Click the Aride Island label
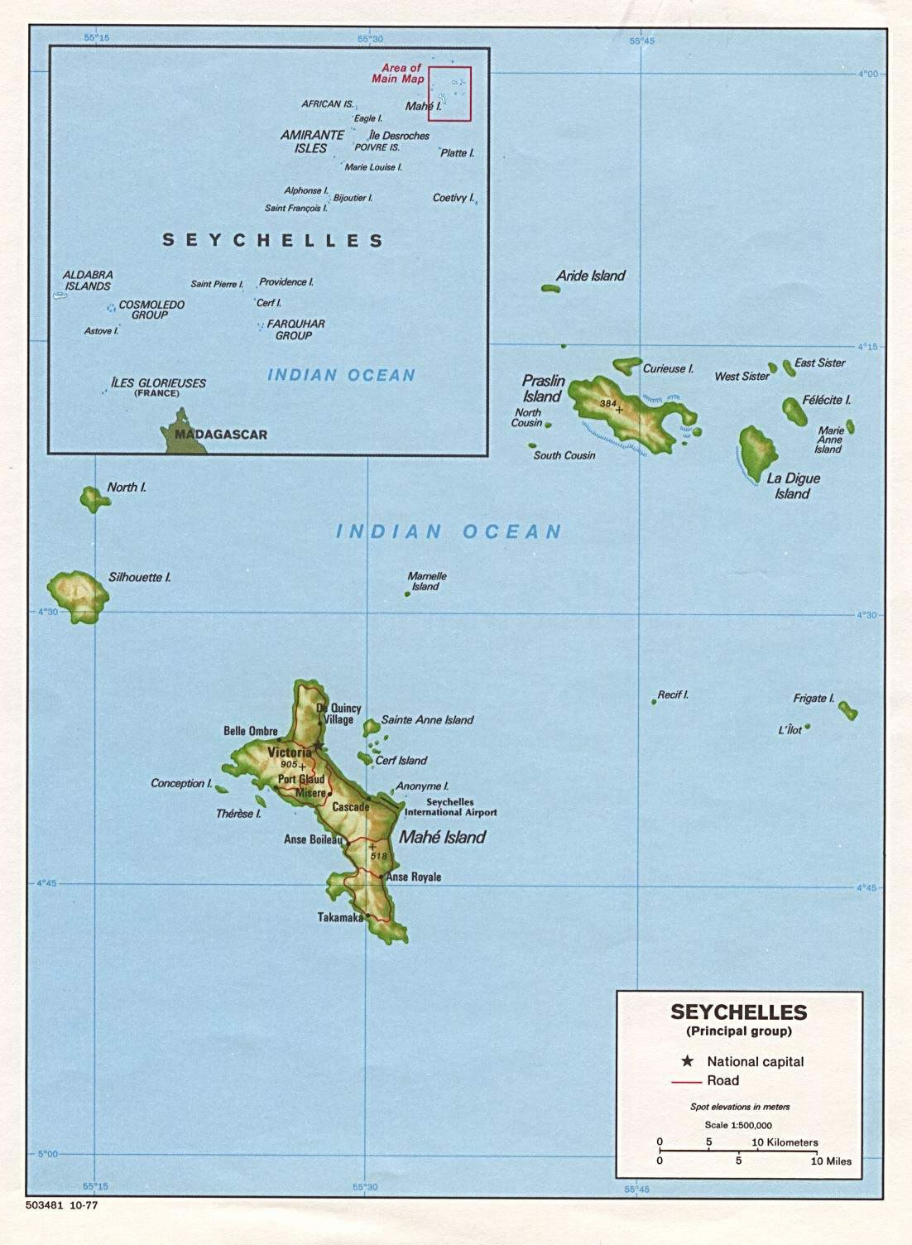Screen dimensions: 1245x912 (590, 276)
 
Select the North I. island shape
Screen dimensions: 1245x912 (91, 498)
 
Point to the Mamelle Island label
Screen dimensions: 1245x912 (426, 581)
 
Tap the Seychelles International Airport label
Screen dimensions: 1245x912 (450, 807)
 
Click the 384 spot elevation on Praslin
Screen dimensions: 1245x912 (608, 403)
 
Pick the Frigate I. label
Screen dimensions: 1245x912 (814, 698)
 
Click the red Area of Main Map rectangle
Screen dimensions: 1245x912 (449, 94)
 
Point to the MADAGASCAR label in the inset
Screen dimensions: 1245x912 (221, 435)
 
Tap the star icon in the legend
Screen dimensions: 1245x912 (687, 1061)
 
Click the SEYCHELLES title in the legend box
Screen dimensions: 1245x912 (738, 1012)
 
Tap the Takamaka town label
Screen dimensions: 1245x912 (340, 917)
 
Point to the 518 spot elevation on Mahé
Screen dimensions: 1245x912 (379, 855)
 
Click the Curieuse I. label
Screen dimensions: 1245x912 (668, 368)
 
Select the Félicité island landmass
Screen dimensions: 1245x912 (794, 411)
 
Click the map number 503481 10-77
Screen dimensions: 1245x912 (61, 1205)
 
